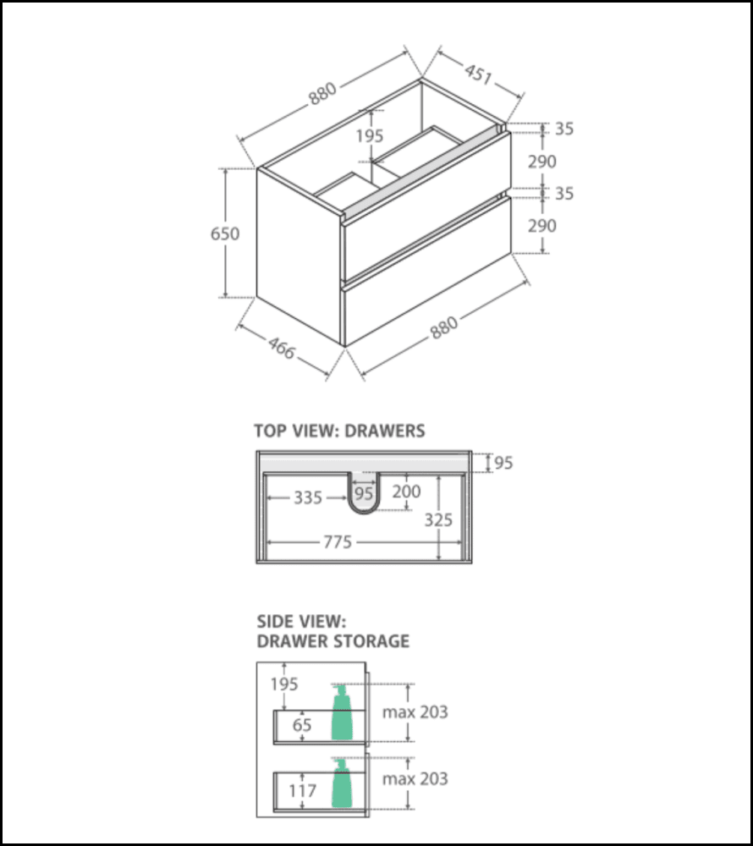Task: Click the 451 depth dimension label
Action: [x=477, y=74]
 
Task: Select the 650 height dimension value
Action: [x=225, y=233]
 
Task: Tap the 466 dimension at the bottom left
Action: [x=282, y=347]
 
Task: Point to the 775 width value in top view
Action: [x=337, y=542]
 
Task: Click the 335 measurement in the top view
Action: [x=308, y=498]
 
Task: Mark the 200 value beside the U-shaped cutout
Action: [x=407, y=492]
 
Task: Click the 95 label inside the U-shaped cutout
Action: [x=364, y=492]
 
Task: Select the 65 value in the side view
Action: [x=302, y=725]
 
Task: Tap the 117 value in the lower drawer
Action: [x=302, y=791]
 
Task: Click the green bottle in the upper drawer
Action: [x=342, y=713]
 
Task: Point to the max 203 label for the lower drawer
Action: [x=415, y=778]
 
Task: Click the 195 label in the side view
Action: [x=284, y=684]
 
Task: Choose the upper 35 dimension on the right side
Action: [x=564, y=129]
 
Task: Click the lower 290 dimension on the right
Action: [x=541, y=226]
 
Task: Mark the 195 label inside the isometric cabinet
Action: [x=370, y=135]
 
